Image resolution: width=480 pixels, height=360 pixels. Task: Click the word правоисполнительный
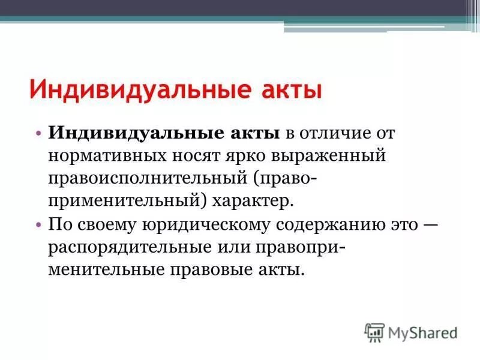(x=148, y=178)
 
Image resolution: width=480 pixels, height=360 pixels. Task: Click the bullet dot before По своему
(x=38, y=224)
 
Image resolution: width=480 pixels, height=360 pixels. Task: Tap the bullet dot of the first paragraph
(x=38, y=133)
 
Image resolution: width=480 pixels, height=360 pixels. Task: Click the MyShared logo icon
(x=374, y=331)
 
